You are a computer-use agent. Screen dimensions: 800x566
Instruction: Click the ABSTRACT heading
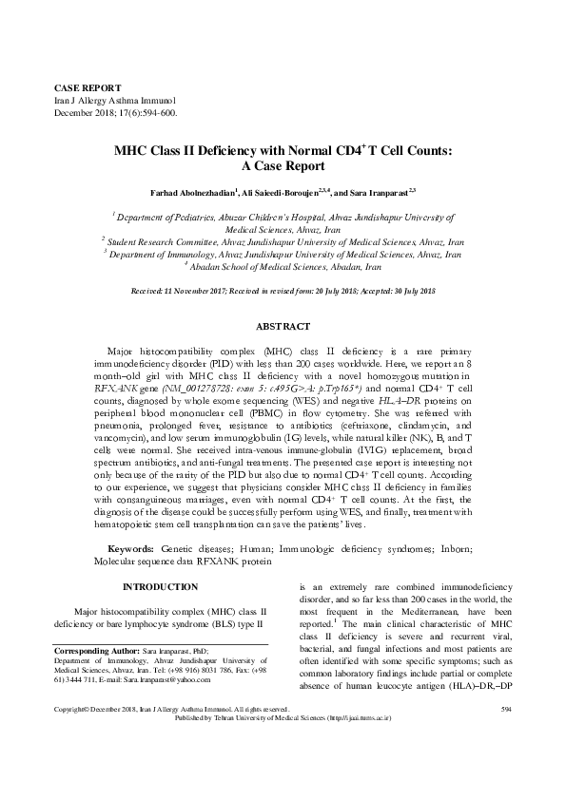[x=283, y=327]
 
